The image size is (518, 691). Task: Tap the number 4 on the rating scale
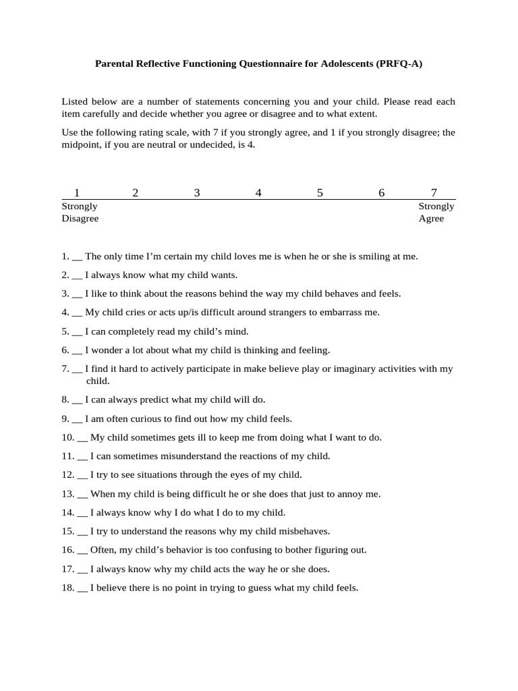click(x=258, y=193)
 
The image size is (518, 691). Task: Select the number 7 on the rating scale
click(x=434, y=193)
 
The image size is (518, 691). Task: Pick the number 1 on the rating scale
click(x=77, y=193)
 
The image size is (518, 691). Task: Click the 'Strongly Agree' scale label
click(x=436, y=213)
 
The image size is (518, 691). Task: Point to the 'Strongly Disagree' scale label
click(x=80, y=213)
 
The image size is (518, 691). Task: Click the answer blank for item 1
click(x=77, y=257)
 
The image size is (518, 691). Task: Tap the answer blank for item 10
click(x=83, y=438)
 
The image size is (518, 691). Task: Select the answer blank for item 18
click(x=83, y=588)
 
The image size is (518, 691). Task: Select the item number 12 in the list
click(x=67, y=475)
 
